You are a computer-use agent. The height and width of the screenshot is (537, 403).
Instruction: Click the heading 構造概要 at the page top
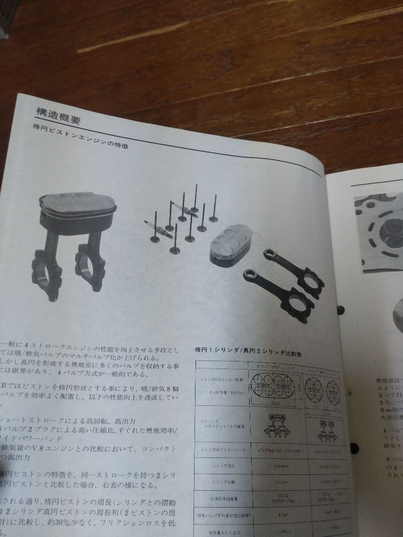point(59,115)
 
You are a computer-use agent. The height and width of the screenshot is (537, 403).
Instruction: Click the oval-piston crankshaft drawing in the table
point(274,425)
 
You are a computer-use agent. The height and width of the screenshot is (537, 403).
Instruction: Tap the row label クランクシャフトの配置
point(219,422)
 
